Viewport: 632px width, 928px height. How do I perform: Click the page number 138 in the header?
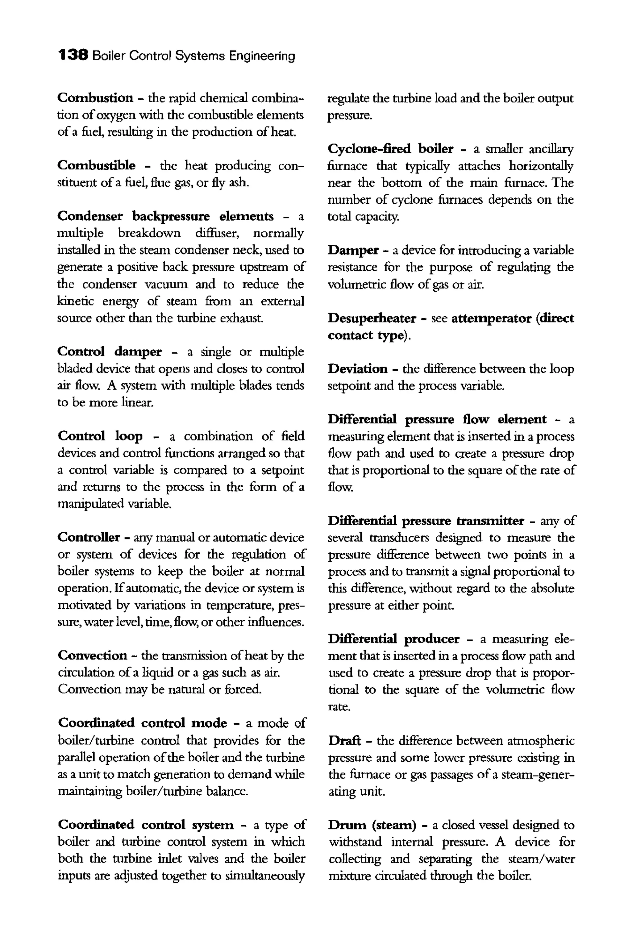[x=73, y=55]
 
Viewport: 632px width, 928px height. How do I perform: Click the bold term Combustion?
[x=95, y=98]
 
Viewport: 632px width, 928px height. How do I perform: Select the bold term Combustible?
[x=96, y=165]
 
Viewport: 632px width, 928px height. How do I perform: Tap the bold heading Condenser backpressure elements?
[x=165, y=216]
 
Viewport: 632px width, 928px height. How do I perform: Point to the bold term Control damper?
[x=109, y=352]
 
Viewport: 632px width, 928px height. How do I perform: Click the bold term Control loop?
[x=100, y=436]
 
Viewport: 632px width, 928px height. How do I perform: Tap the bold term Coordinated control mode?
[x=142, y=723]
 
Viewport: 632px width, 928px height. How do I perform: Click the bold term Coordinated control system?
[x=145, y=825]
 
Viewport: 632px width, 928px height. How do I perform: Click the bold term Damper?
[x=353, y=250]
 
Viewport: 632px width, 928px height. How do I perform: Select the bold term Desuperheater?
[x=372, y=318]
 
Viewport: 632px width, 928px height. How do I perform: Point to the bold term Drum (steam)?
[x=372, y=825]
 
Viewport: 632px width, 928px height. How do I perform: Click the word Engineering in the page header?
[x=262, y=56]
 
